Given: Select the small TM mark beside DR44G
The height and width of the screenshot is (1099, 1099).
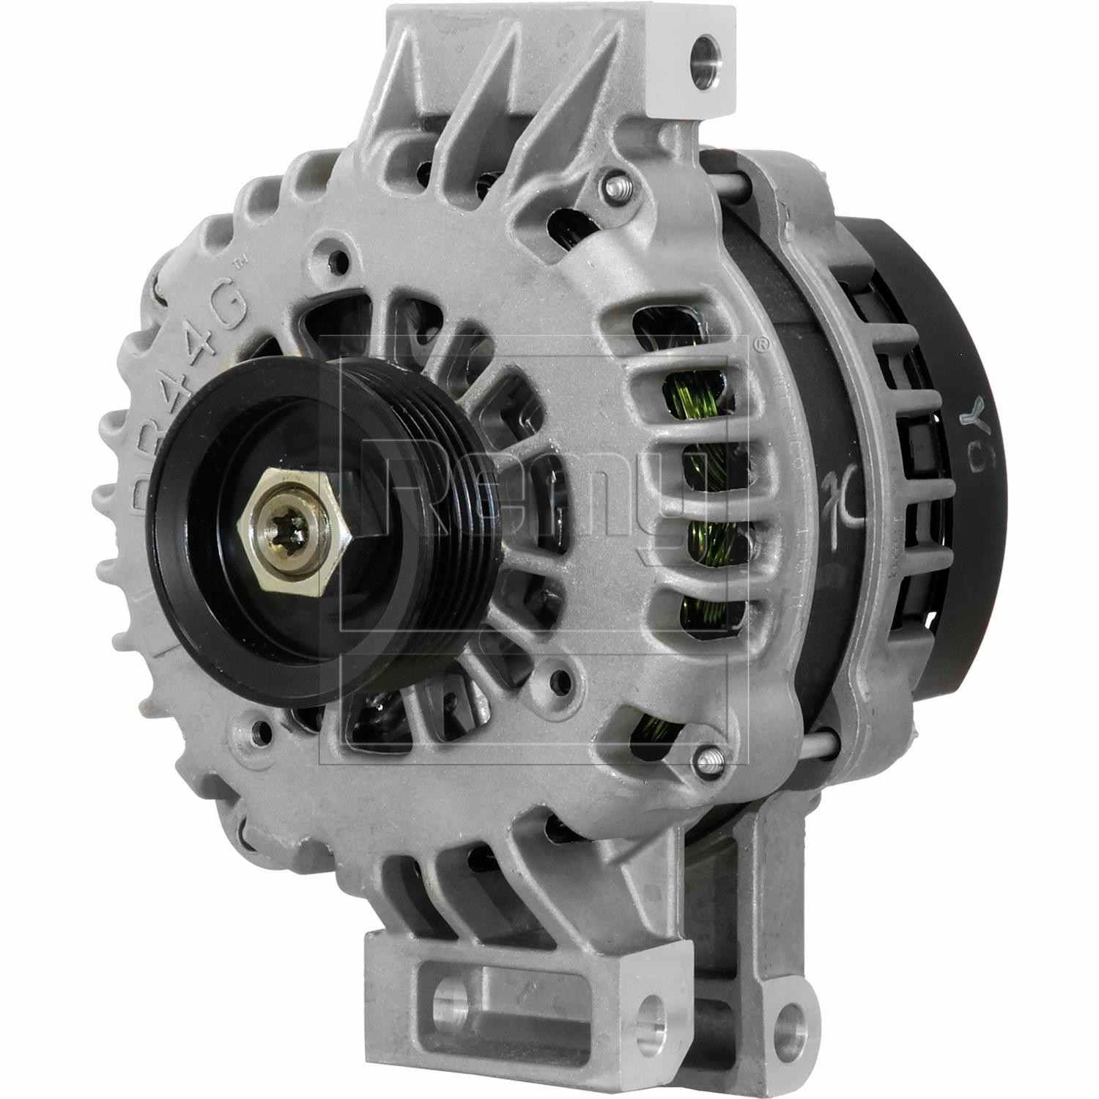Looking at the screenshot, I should (x=237, y=262).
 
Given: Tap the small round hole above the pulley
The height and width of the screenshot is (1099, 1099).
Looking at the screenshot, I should (x=338, y=260).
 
